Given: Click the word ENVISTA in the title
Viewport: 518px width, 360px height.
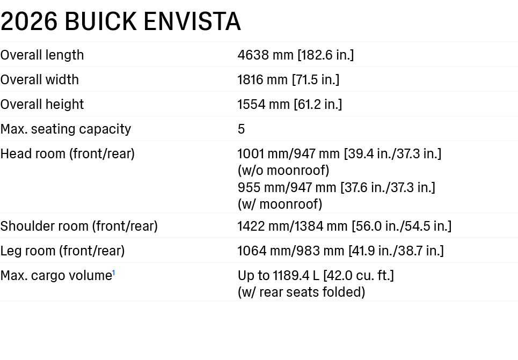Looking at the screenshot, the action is tap(192, 21).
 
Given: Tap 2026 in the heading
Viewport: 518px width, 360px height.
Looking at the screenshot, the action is tap(29, 21).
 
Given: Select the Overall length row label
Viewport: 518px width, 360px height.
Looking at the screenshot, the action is tap(42, 55).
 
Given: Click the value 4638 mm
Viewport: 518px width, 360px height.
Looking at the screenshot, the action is tap(266, 55).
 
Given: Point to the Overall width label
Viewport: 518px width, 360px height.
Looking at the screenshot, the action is tap(40, 79).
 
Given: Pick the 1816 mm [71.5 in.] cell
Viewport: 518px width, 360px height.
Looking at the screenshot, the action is tap(288, 79).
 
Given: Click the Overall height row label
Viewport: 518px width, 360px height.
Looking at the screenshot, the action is tap(42, 105).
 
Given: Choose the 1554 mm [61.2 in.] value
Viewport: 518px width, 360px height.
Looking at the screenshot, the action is tap(290, 105).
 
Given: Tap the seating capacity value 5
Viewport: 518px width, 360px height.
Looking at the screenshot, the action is tap(241, 129).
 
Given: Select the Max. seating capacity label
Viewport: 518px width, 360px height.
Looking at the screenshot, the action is tap(65, 129).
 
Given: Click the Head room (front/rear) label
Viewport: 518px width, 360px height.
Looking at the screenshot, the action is tap(68, 154).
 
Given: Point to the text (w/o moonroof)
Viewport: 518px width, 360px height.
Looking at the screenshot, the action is tap(283, 171).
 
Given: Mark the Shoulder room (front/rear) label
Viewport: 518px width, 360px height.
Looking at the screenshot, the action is tap(79, 226).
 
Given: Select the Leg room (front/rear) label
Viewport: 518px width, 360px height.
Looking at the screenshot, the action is tap(62, 251).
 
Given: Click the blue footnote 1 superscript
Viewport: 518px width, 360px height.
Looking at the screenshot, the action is tap(114, 273).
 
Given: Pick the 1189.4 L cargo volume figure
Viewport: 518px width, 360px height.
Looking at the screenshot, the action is tap(296, 275).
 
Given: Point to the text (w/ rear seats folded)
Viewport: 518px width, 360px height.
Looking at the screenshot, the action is tap(301, 292).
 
